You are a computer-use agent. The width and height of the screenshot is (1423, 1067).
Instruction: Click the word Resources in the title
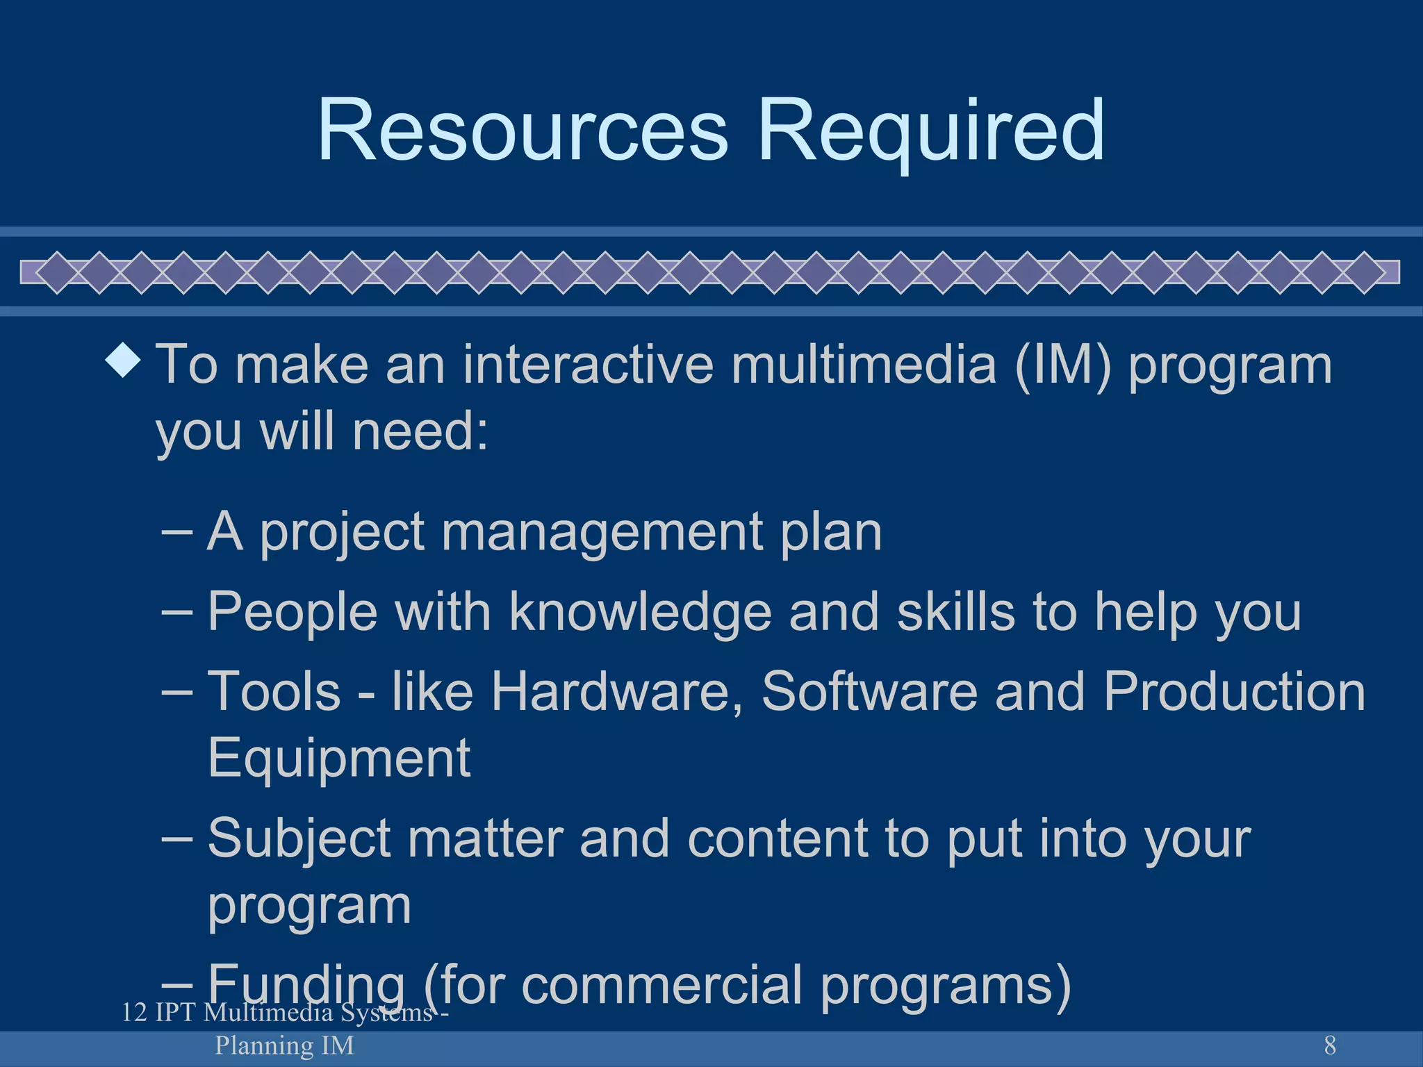click(523, 130)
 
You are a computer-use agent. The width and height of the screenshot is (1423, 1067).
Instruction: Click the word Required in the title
click(930, 130)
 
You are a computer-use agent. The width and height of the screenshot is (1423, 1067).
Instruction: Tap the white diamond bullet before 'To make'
click(124, 361)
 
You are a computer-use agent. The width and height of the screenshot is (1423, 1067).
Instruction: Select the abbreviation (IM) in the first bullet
click(1063, 364)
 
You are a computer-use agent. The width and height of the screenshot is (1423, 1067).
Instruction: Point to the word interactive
click(588, 364)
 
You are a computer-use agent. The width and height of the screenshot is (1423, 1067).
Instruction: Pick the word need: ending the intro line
click(420, 431)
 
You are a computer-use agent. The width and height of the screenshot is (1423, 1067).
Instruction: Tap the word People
click(293, 611)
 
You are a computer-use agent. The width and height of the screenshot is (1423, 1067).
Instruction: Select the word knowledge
click(640, 611)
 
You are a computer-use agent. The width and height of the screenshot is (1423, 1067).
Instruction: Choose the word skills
click(956, 611)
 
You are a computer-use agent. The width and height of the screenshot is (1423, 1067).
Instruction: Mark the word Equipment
click(339, 758)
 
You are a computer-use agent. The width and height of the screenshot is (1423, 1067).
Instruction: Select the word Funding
click(306, 984)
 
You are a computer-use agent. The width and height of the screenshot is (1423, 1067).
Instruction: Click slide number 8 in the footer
click(1330, 1045)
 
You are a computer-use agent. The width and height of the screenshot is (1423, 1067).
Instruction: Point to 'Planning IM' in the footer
click(284, 1045)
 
